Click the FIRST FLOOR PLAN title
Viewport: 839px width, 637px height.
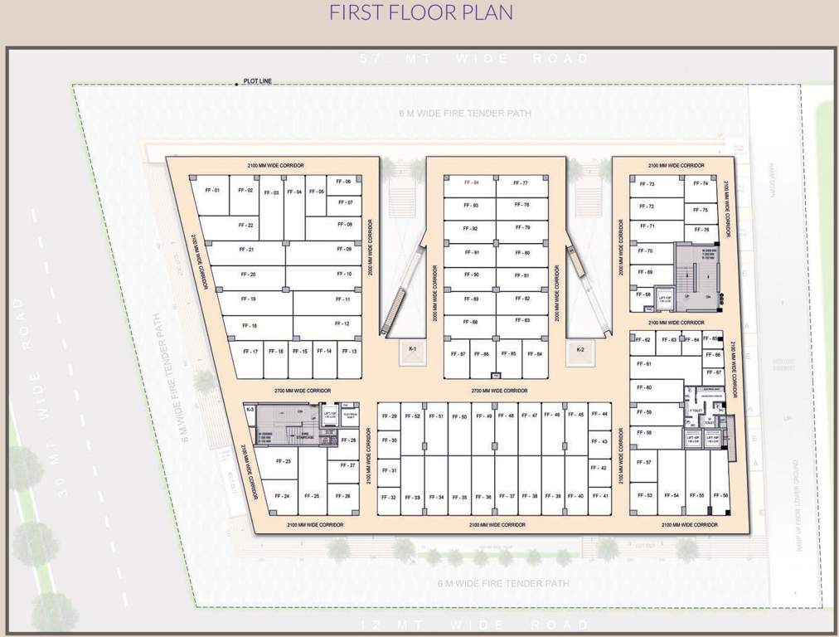coord(420,12)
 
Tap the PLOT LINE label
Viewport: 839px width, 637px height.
coord(257,81)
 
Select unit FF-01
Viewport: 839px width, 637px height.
coord(211,191)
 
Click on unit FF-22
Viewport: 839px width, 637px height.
coord(245,225)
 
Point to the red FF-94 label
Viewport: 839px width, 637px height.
coord(471,182)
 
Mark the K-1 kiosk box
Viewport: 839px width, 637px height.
coord(412,351)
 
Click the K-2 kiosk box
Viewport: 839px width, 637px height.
coord(581,351)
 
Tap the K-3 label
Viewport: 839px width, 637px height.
coord(250,409)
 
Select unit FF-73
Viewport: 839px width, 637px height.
coord(647,184)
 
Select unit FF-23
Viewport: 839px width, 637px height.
coord(283,462)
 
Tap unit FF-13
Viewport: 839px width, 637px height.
coord(349,352)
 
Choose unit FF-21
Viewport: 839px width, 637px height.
coord(246,250)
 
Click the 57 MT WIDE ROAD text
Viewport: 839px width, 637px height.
coord(477,59)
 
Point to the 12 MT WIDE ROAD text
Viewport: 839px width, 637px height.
coord(477,624)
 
